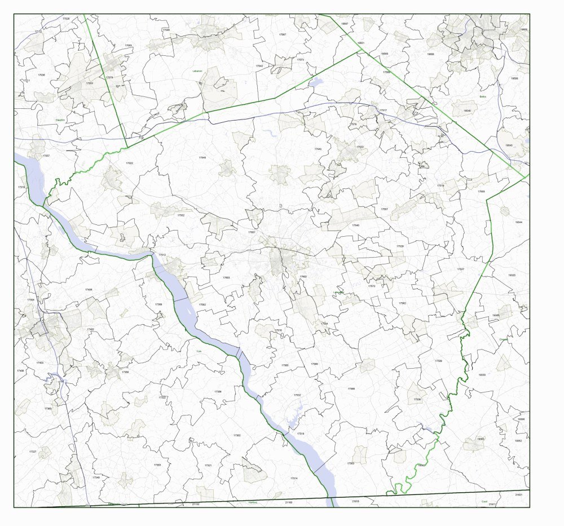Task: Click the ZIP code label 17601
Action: pos(252,232)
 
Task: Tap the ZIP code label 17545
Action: pos(202,158)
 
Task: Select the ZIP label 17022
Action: pos(130,163)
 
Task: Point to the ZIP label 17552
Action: pos(181,215)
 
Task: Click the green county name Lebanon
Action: pos(197,71)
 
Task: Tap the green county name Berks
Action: pos(483,96)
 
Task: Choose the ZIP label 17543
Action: pos(318,149)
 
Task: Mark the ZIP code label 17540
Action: pos(355,225)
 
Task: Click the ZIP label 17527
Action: pos(460,269)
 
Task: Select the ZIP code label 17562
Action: pos(402,303)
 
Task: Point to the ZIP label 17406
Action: pos(89,289)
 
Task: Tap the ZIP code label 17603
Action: pos(226,277)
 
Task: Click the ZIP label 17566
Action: pos(351,388)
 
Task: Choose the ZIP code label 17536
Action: pos(417,399)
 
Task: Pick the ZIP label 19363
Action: pos(481,439)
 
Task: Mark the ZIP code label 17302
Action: pos(237,435)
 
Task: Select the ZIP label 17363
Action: pos(157,465)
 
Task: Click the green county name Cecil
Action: pos(484,501)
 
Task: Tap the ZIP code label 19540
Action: pos(467,111)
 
